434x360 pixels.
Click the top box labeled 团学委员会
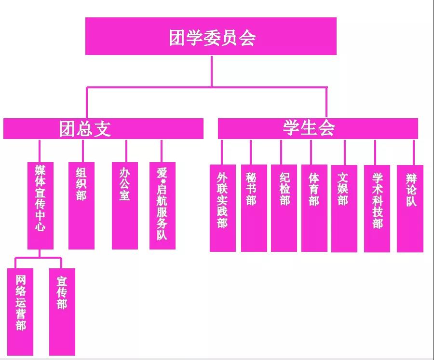(211, 36)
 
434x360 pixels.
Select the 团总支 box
(103, 128)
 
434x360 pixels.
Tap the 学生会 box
(318, 128)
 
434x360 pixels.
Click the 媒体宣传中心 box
(41, 206)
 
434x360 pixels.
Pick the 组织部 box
(81, 206)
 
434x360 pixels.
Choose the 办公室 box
(125, 206)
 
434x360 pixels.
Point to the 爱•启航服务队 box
(163, 206)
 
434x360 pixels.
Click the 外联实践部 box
(223, 208)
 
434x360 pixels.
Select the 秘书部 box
(254, 208)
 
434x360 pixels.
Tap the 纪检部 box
(284, 208)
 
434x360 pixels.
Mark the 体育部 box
(314, 208)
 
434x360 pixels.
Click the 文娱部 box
(344, 209)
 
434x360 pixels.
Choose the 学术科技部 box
(377, 209)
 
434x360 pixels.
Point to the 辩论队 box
(410, 209)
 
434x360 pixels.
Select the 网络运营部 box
(20, 312)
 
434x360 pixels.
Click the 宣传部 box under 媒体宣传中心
(62, 312)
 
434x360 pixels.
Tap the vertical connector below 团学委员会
(212, 71)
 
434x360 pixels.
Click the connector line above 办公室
(126, 151)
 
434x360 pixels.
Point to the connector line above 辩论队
(414, 152)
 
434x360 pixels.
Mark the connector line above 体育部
(311, 152)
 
